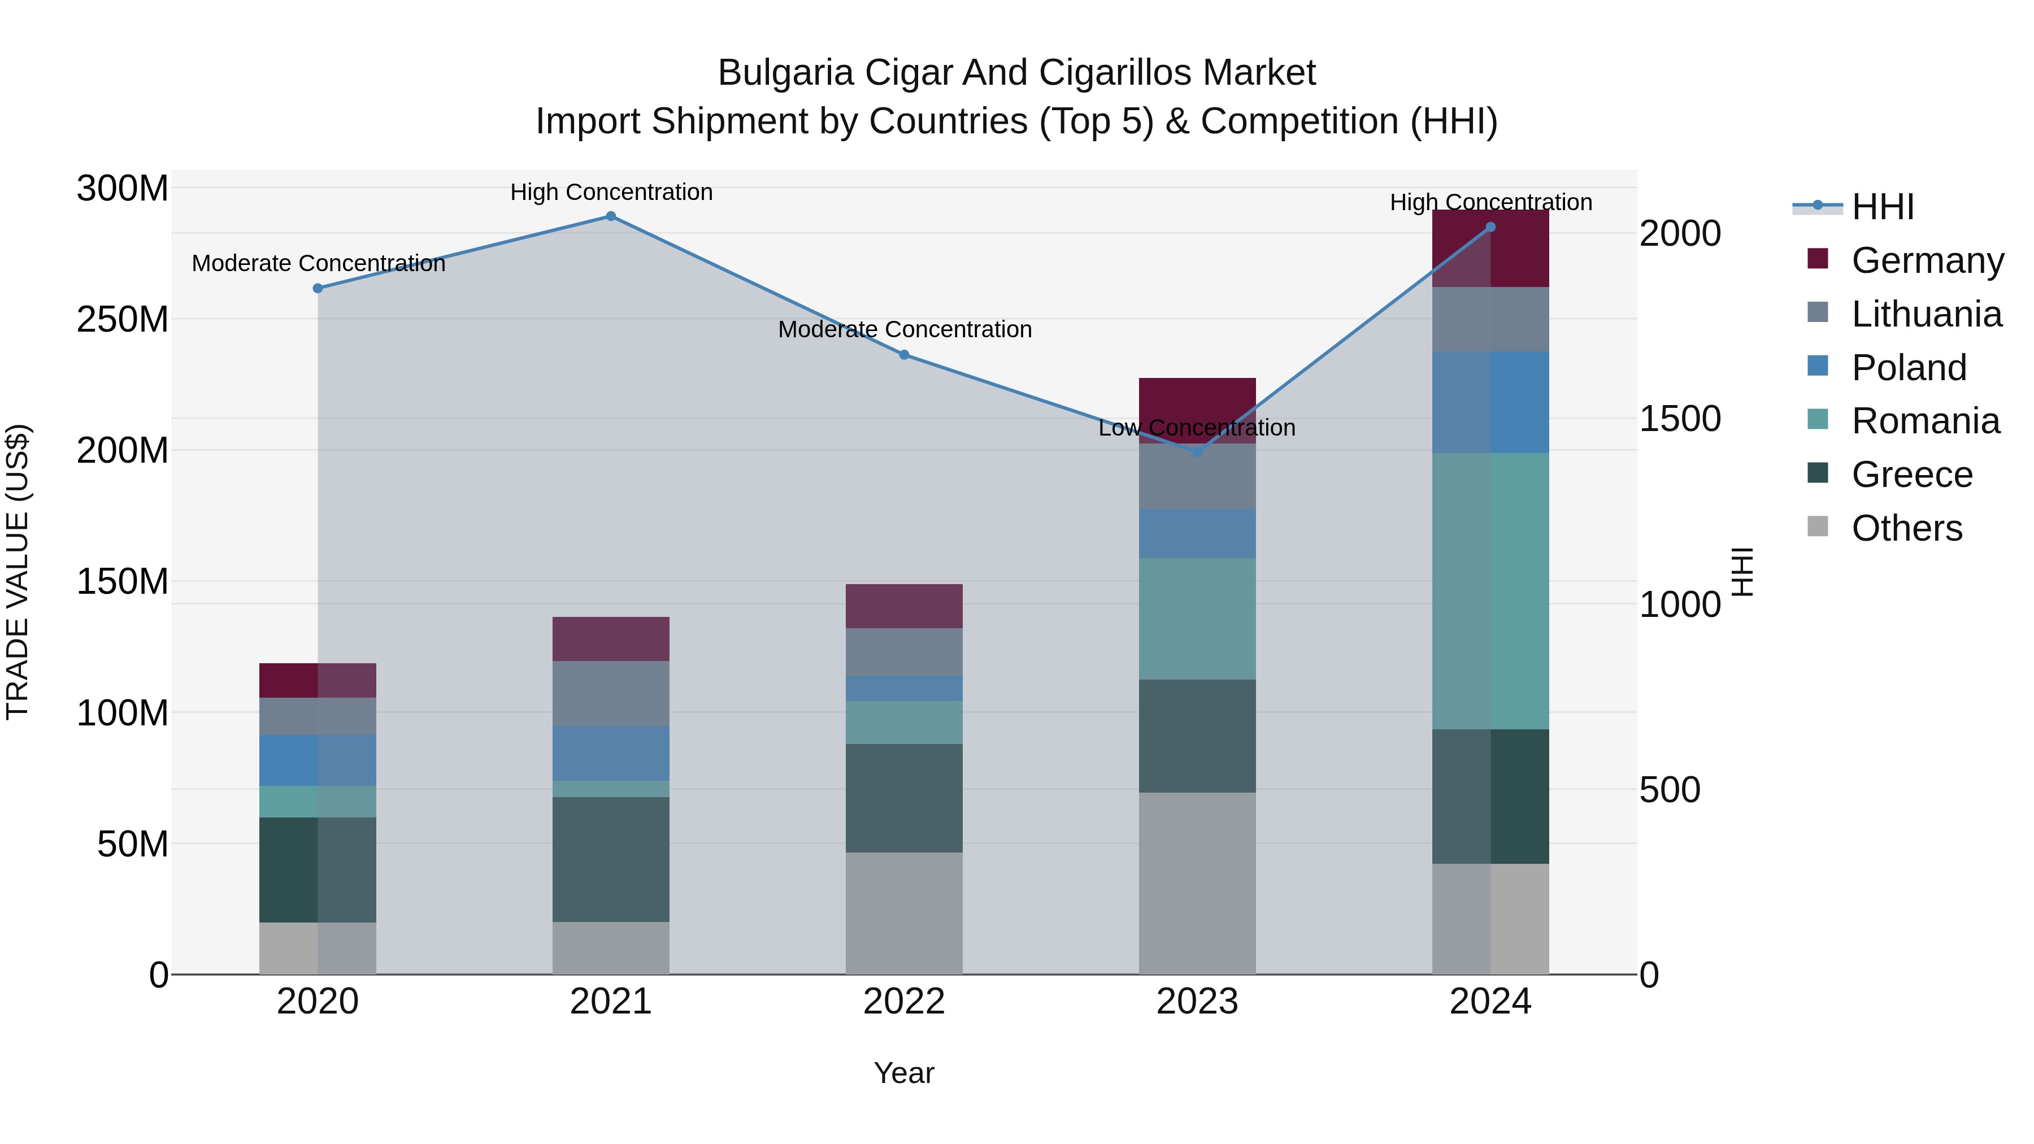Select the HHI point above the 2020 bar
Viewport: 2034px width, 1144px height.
(x=318, y=288)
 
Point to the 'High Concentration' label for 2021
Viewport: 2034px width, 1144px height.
(x=611, y=192)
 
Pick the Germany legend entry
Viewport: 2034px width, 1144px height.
(x=1927, y=260)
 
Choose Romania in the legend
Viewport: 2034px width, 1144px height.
(x=1925, y=421)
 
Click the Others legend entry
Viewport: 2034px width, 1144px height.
(x=1906, y=528)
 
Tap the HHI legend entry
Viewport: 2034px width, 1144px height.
(x=1883, y=207)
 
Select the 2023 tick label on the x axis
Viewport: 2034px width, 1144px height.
(x=1197, y=1002)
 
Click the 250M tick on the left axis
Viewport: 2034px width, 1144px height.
(x=123, y=320)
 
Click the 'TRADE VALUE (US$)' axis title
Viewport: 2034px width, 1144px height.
(x=18, y=572)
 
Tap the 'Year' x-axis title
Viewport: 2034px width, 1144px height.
(x=903, y=1073)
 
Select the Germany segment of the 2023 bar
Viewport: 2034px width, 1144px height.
(x=1197, y=399)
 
